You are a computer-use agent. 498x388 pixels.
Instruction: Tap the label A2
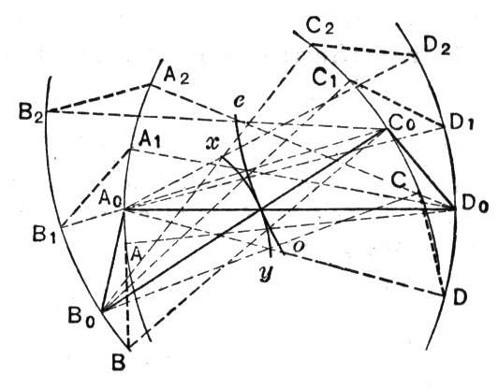click(176, 77)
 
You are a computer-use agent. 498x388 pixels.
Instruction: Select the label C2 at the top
click(320, 25)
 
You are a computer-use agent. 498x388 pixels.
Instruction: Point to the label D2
click(437, 47)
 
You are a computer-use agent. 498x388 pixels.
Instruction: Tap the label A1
click(148, 140)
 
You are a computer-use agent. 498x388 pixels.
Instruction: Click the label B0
click(81, 317)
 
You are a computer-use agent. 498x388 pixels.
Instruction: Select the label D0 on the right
click(475, 209)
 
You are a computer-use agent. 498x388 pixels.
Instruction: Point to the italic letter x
click(212, 143)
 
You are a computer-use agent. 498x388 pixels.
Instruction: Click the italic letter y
click(266, 273)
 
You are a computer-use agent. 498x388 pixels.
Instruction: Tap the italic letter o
click(298, 246)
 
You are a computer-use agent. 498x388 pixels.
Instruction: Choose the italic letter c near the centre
click(238, 102)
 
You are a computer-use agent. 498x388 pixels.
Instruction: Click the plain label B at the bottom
click(119, 363)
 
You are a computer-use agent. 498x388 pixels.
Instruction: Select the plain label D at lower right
click(460, 298)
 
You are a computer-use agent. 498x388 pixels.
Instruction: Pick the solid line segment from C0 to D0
click(421, 169)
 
